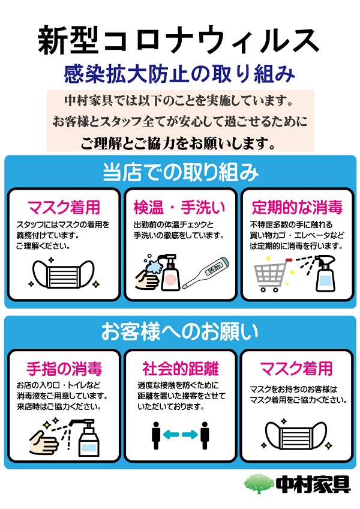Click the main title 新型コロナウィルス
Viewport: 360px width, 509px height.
pyautogui.click(x=178, y=41)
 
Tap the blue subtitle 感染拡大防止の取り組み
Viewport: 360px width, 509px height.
pyautogui.click(x=179, y=74)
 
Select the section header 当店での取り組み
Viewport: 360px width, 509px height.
pyautogui.click(x=181, y=172)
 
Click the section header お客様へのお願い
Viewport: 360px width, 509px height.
pyautogui.click(x=179, y=332)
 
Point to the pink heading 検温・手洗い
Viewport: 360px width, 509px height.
pyautogui.click(x=179, y=208)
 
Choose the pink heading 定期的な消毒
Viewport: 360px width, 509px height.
pyautogui.click(x=297, y=208)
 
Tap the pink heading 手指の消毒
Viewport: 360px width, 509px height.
pyautogui.click(x=64, y=369)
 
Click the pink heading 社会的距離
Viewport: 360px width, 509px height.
pyautogui.click(x=181, y=369)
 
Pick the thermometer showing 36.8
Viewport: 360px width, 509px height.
pyautogui.click(x=206, y=273)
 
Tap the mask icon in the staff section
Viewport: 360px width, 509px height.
pyautogui.click(x=64, y=274)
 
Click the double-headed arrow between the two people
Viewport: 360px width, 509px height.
pyautogui.click(x=181, y=435)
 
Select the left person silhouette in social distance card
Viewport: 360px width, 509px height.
pyautogui.click(x=156, y=436)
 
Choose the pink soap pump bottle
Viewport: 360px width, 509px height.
pyautogui.click(x=171, y=273)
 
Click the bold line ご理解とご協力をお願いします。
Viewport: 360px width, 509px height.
pyautogui.click(x=178, y=143)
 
